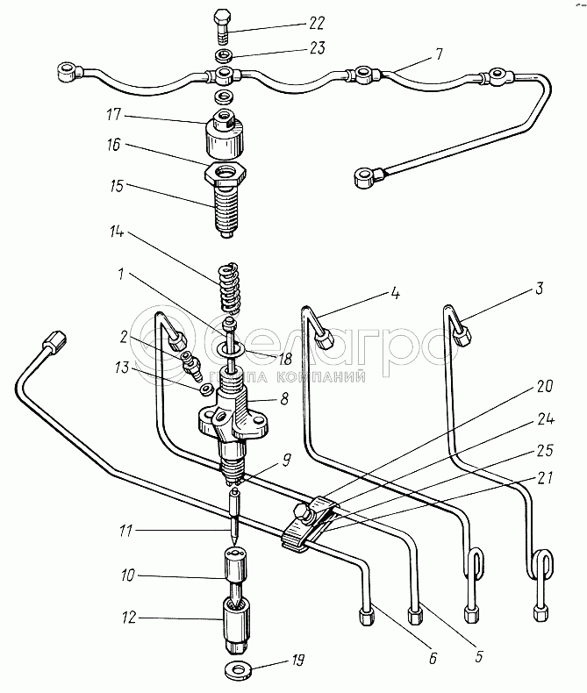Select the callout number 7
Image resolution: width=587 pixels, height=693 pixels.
tap(439, 54)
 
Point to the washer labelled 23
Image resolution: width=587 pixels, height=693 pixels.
tap(223, 56)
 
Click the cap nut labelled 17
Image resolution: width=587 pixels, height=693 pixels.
tap(225, 134)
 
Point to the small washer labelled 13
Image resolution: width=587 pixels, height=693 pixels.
tap(206, 389)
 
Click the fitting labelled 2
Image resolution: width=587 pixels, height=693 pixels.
tap(190, 365)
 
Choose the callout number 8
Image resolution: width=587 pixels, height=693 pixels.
tap(283, 399)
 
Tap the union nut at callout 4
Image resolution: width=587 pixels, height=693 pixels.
tap(324, 340)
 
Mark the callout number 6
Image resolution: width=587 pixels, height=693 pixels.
tap(433, 658)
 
